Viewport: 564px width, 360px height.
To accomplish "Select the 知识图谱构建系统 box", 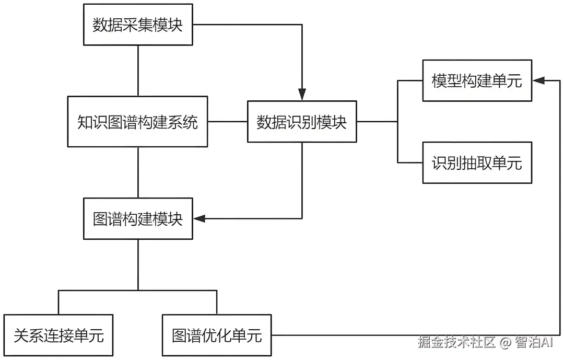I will (138, 122).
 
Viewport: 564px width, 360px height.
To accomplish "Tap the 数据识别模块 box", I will (302, 122).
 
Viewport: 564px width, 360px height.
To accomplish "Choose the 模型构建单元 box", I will (477, 80).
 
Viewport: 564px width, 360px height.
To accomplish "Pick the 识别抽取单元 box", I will (477, 162).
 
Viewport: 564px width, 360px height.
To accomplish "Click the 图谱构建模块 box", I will (138, 218).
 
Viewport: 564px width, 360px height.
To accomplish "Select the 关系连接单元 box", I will (58, 335).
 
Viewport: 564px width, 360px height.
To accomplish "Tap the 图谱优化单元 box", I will (217, 335).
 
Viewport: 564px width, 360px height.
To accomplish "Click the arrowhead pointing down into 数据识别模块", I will (302, 95).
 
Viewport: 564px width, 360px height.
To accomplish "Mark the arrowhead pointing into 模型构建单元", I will (538, 80).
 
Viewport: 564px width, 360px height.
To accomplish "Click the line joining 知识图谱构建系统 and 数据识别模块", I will (227, 122).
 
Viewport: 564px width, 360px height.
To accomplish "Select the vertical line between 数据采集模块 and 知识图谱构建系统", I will (138, 71).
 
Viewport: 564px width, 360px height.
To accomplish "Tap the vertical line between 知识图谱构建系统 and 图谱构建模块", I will (138, 172).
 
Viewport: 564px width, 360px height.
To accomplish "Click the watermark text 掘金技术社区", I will (456, 342).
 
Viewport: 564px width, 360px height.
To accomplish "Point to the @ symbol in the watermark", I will (504, 343).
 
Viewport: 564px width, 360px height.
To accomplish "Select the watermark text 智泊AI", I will (533, 342).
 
